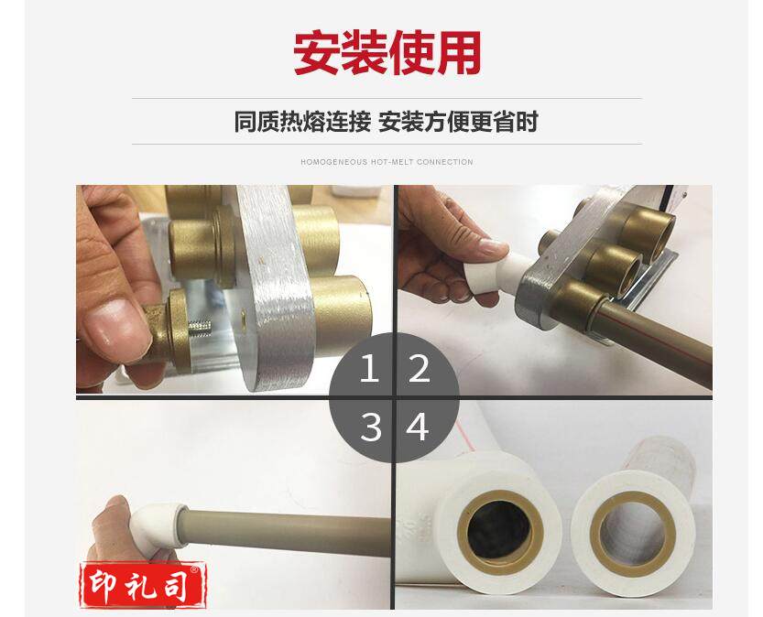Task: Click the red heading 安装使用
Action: (387, 52)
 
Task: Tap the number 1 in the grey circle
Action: (369, 368)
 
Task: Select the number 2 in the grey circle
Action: (419, 368)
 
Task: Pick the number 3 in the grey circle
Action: (371, 427)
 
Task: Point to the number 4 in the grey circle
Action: (418, 427)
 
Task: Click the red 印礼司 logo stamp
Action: (143, 585)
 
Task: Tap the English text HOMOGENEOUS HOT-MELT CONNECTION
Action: (387, 162)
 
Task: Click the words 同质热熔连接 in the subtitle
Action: (302, 122)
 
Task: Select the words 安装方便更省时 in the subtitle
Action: (458, 122)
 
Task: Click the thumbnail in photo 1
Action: (119, 327)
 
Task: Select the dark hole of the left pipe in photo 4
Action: (500, 529)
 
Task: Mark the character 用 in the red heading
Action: (458, 52)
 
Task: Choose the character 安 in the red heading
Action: (316, 52)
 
